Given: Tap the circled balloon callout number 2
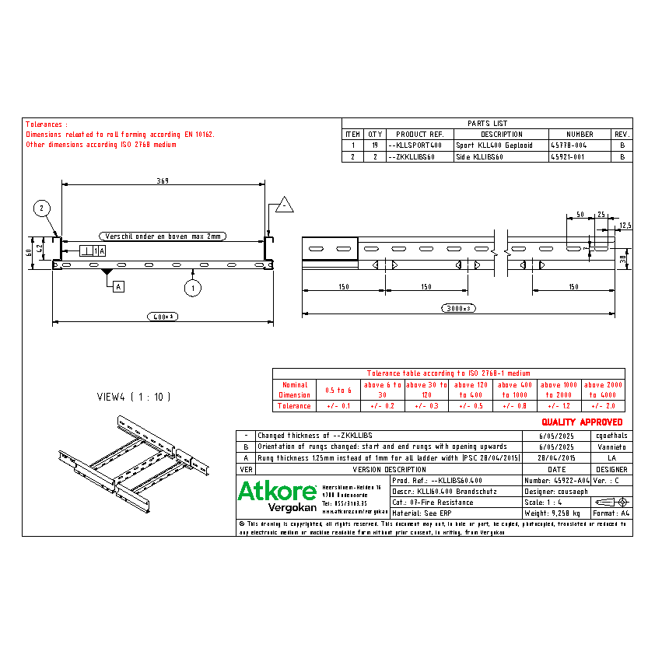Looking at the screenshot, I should coord(43,207).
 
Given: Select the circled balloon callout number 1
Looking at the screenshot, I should coord(192,289).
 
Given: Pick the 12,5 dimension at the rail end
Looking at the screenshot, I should coord(625,226).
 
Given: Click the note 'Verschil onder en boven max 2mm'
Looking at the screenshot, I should coord(163,236).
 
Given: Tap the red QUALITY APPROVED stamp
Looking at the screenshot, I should coord(582,422).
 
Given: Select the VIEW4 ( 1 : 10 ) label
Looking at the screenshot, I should coord(133,397).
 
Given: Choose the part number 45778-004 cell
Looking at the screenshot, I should coord(569,145).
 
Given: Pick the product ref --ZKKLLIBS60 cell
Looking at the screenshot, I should coord(411,156).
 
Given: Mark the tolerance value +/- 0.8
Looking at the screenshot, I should coord(516,406).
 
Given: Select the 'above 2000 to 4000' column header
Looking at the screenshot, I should coord(604,390).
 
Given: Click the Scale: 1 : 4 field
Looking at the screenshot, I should coord(543,503).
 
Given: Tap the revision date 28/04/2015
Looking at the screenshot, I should coord(556,458).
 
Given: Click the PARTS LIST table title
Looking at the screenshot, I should coord(487,123).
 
